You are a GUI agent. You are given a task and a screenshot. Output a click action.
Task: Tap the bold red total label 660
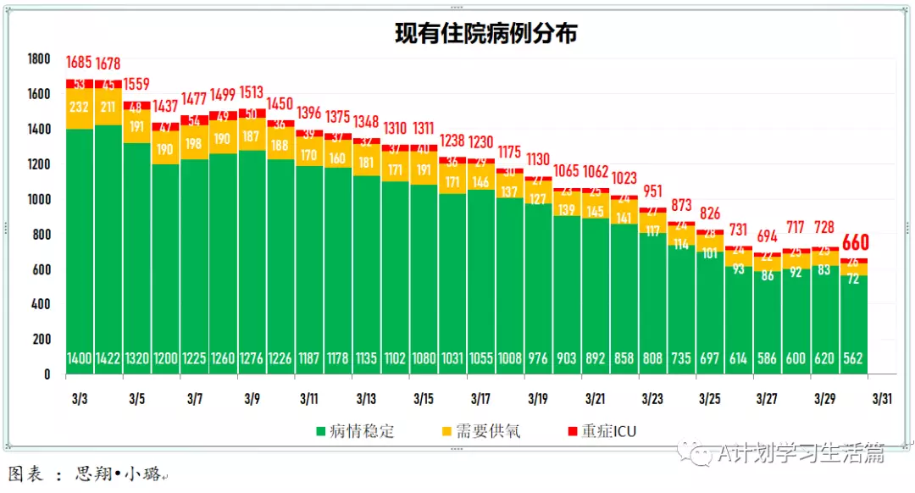pos(855,243)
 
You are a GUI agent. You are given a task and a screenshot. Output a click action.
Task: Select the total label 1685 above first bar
pos(80,63)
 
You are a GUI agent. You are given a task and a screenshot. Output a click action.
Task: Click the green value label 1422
pos(108,358)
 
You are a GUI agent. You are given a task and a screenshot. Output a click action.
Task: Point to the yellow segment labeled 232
pos(80,108)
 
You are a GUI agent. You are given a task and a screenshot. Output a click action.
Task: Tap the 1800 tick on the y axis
pos(39,58)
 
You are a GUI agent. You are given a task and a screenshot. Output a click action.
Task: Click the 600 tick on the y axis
pos(42,269)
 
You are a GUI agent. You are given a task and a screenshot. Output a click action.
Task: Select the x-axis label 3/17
pos(481,398)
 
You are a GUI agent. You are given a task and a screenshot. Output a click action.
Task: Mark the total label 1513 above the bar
pos(252,93)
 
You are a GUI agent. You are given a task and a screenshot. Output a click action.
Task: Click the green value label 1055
pos(481,358)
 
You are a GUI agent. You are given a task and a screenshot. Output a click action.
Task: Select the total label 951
pos(652,190)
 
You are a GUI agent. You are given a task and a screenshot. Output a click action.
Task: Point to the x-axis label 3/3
pos(80,398)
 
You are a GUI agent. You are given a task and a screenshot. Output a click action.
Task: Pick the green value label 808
pos(652,358)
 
